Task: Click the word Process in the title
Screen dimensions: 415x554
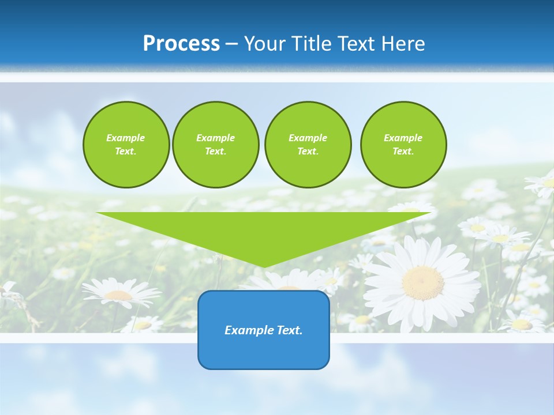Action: tap(181, 44)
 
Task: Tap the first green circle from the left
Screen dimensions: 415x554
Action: tap(126, 145)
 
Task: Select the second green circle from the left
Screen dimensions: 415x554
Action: tap(215, 145)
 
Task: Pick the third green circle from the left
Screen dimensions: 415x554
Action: tap(308, 145)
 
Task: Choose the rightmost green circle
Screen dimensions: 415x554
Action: tap(403, 145)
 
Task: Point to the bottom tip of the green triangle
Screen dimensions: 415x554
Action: tap(264, 267)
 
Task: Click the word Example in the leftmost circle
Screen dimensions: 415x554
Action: tap(126, 138)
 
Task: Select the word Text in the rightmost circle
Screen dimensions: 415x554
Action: tap(403, 152)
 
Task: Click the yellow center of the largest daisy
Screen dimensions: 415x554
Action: tap(423, 282)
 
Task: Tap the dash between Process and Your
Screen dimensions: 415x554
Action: tap(231, 44)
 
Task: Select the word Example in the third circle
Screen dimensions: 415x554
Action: tap(308, 138)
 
